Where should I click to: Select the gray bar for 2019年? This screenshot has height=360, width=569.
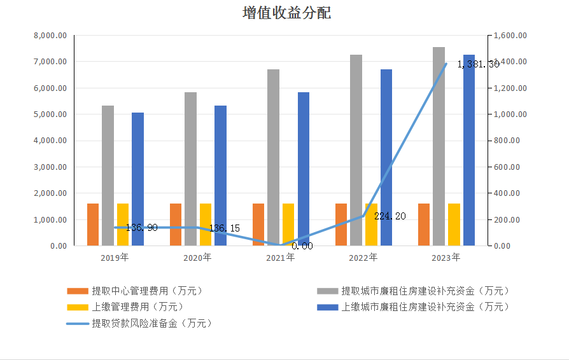108,176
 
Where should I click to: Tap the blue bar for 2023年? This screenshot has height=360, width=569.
468,150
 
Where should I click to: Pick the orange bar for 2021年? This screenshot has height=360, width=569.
258,225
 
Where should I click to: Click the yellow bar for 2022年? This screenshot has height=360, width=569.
371,225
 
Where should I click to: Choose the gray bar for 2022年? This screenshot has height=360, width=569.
356,150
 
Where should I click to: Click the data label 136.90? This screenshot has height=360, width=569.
141,227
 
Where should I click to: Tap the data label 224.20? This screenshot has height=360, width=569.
390,216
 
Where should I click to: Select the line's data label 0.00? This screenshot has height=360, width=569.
302,246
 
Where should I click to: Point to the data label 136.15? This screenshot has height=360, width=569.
224,228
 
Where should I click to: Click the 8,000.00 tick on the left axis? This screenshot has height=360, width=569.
50,36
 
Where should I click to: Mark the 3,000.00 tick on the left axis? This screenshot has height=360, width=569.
50,167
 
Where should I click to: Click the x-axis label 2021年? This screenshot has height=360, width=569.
280,258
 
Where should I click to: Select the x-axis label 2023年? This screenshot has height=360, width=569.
446,258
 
